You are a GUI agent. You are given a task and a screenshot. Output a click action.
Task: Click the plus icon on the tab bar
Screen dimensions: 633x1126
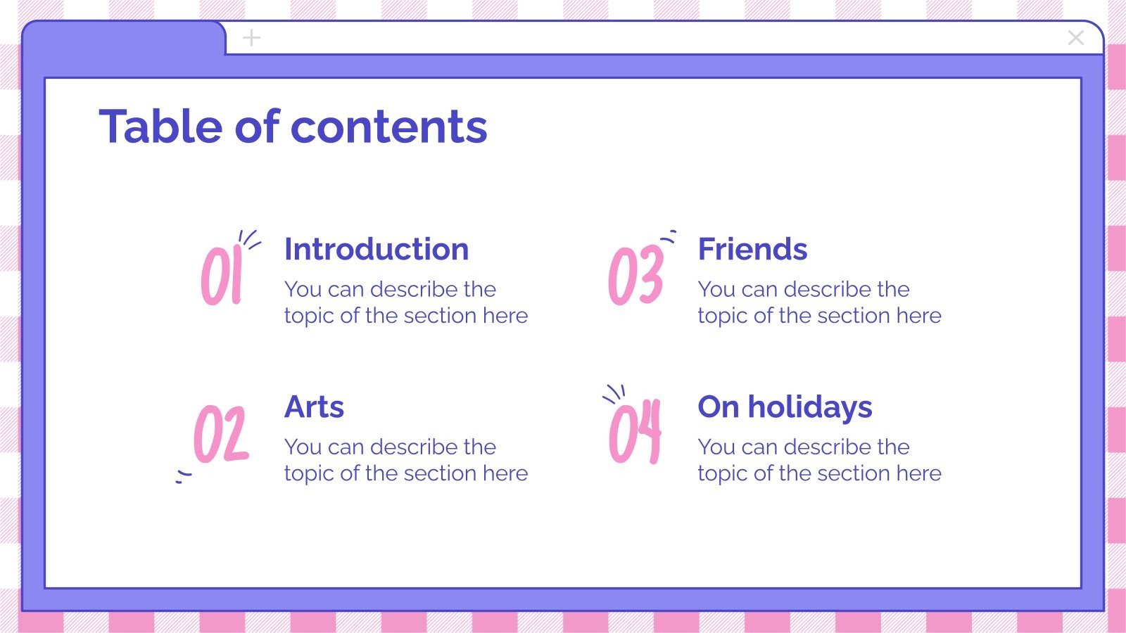[x=251, y=38]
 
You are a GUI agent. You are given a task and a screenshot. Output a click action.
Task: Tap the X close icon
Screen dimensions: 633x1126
[x=1075, y=38]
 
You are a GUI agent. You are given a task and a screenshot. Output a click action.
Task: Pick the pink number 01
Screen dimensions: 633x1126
[x=222, y=276]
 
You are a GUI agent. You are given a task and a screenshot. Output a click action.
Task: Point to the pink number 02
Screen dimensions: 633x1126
[x=221, y=434]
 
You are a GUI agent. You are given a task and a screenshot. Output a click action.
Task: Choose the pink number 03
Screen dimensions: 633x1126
[x=635, y=276]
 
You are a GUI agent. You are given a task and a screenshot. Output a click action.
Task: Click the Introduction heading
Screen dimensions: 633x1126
[x=377, y=250]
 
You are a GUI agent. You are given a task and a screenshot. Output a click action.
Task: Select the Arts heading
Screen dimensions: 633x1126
[x=314, y=407]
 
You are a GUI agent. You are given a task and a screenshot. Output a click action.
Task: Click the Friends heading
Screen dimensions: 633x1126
[x=752, y=250]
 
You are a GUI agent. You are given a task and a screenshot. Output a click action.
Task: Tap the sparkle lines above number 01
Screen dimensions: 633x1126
[x=248, y=239]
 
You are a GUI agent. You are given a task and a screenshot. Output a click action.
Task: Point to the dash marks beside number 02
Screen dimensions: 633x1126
[x=183, y=477]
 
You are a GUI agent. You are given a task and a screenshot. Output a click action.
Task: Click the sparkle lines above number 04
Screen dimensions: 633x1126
[x=614, y=394]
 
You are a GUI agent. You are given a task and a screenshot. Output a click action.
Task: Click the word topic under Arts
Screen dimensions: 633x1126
[x=309, y=474]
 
